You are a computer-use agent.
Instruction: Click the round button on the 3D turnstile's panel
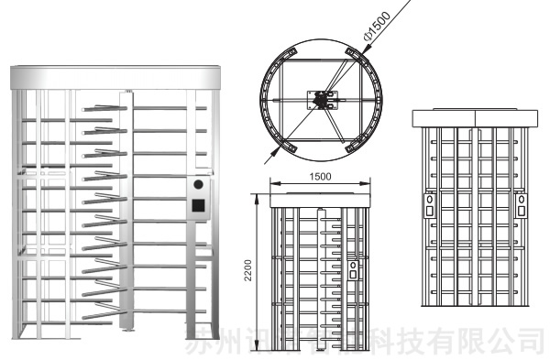click(197, 184)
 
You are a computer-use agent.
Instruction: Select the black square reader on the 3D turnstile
click(197, 205)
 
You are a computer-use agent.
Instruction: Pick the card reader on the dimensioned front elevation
click(353, 270)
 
